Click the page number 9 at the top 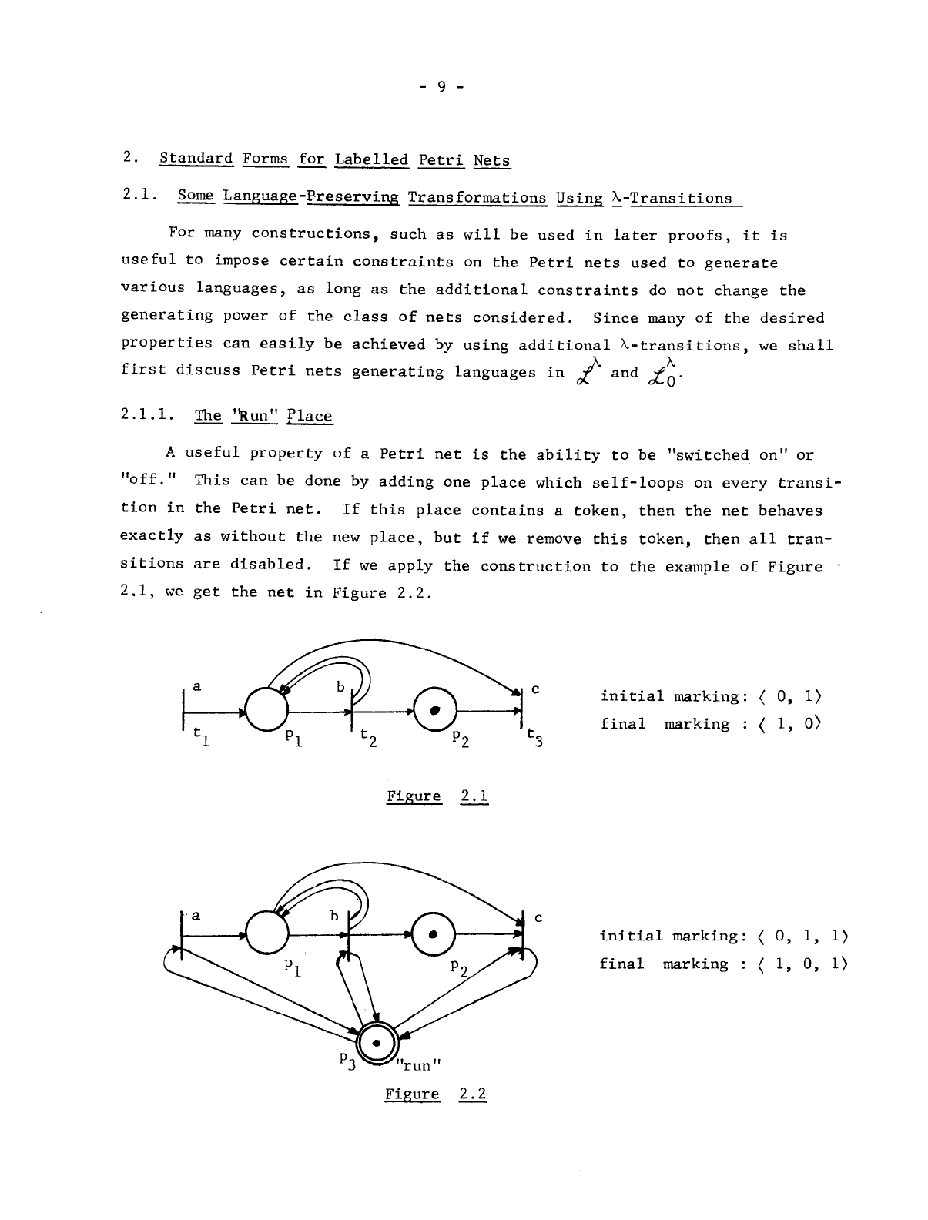click(441, 86)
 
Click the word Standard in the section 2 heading click(196, 159)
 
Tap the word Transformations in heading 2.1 click(477, 198)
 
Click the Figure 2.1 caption click(437, 796)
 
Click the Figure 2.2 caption click(436, 1094)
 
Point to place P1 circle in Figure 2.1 click(266, 709)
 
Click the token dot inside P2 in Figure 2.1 click(435, 709)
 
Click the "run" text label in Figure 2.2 click(416, 1065)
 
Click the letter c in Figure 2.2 click(538, 917)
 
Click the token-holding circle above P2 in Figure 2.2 click(434, 934)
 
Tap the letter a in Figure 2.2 click(196, 915)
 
